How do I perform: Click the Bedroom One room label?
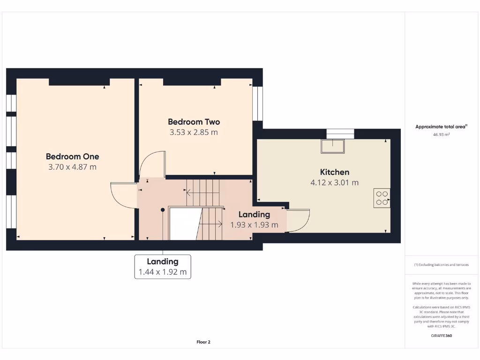tap(72, 157)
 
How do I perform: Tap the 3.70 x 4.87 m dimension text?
tap(72, 167)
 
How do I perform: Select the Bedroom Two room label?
tap(194, 122)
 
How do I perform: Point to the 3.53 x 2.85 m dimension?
tap(194, 132)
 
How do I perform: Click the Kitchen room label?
tap(334, 172)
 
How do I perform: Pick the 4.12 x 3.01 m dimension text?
tap(334, 182)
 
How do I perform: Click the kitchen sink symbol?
tap(333, 146)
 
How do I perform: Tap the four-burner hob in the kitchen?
tap(382, 198)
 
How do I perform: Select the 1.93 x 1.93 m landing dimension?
tap(254, 225)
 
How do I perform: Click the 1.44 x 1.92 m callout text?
tap(162, 272)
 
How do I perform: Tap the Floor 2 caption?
tap(203, 342)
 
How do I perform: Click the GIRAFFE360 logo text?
tap(441, 336)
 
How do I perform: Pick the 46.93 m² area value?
tap(441, 135)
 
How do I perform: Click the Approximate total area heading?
tap(441, 127)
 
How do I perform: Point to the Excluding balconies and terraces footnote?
tap(441, 265)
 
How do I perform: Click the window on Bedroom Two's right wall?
tap(258, 104)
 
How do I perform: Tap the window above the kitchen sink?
tap(340, 134)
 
